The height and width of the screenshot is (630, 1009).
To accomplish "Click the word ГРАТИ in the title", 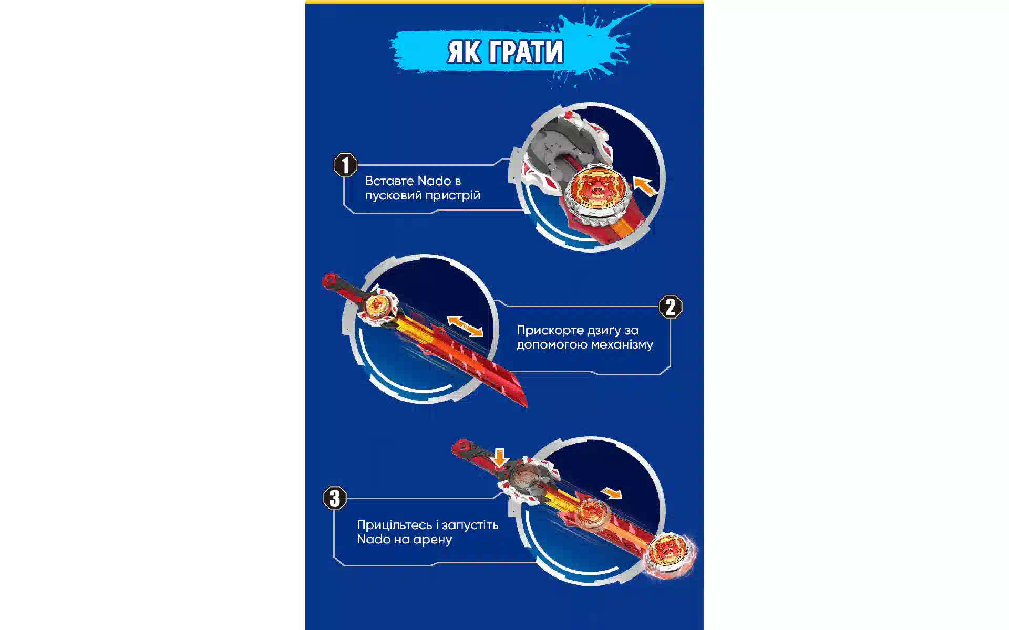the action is click(526, 52).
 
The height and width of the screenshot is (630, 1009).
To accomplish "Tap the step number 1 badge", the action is click(345, 165).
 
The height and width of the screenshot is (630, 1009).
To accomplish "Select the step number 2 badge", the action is click(671, 307).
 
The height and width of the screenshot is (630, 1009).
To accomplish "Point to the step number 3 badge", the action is click(335, 498).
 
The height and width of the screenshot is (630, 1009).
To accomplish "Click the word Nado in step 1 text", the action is click(434, 181).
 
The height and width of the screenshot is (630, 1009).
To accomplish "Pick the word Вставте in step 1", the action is click(389, 181).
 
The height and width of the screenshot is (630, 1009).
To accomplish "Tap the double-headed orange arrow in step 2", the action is click(465, 326).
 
